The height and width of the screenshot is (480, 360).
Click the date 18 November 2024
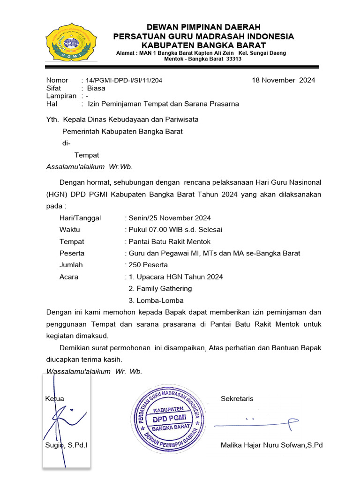point(283,80)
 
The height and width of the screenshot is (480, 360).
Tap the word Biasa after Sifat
point(96,88)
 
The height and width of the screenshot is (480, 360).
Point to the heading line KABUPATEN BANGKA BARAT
point(203,45)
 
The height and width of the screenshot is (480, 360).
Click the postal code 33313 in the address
point(234,59)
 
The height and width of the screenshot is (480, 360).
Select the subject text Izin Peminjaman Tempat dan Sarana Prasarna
point(163,104)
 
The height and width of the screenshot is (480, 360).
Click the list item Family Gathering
point(160,289)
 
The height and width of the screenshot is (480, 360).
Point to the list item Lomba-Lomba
point(156,300)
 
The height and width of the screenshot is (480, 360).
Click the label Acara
point(69,277)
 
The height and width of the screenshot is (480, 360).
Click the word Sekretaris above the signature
point(237,399)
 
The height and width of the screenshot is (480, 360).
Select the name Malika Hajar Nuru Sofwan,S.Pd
point(271,445)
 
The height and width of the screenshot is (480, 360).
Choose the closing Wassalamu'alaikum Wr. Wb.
point(94,371)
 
